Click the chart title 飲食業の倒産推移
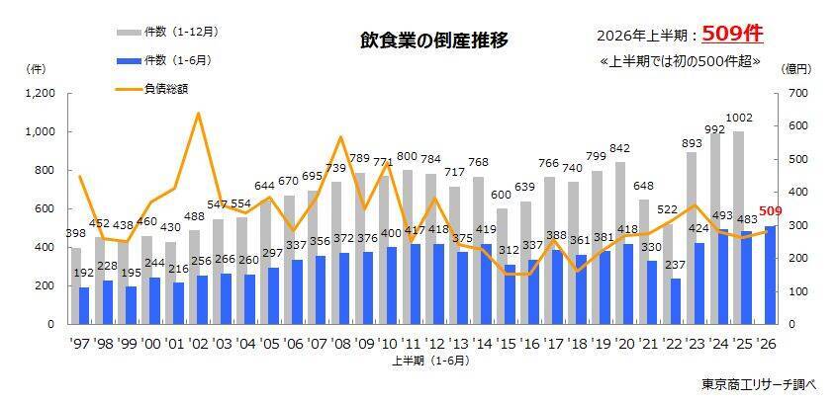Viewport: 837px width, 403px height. pyautogui.click(x=433, y=41)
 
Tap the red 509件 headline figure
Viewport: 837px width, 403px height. pyautogui.click(x=732, y=35)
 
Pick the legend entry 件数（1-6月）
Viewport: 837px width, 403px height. pyautogui.click(x=164, y=60)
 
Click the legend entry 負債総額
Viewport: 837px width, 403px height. pyautogui.click(x=152, y=89)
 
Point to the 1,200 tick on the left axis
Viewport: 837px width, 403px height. pyautogui.click(x=42, y=94)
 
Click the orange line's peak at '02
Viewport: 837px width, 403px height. pyautogui.click(x=199, y=113)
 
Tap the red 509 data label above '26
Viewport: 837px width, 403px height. pyautogui.click(x=772, y=212)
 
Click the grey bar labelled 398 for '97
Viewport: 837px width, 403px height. pyautogui.click(x=76, y=285)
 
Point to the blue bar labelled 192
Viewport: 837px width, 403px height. pyautogui.click(x=84, y=306)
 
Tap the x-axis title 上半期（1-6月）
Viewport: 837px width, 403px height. pyautogui.click(x=432, y=361)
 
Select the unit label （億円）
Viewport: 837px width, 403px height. pyautogui.click(x=796, y=69)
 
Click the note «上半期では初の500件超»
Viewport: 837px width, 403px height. pyautogui.click(x=680, y=62)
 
